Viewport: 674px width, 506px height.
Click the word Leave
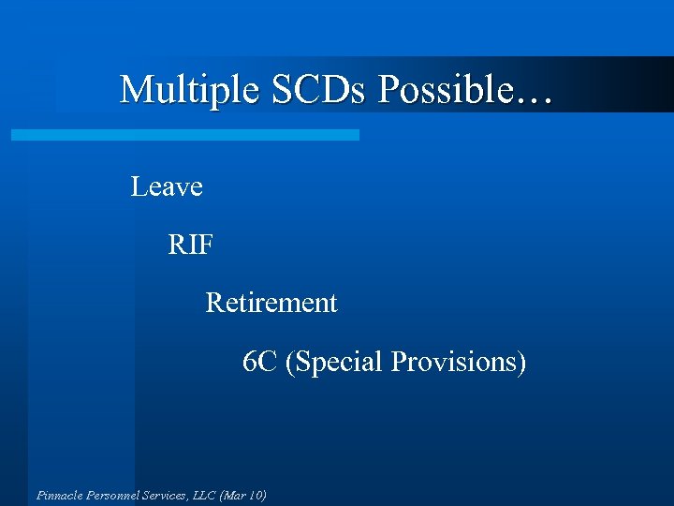coord(167,187)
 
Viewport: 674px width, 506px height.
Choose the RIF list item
coord(191,246)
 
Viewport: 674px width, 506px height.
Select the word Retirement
coord(271,304)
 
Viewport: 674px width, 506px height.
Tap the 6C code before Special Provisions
coord(259,362)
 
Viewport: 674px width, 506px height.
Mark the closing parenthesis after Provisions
coord(521,362)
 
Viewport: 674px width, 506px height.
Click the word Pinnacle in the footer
coord(59,495)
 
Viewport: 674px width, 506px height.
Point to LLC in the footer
coord(204,495)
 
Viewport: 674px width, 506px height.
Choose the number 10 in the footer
coord(256,495)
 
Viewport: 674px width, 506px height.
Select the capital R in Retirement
coord(213,304)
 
